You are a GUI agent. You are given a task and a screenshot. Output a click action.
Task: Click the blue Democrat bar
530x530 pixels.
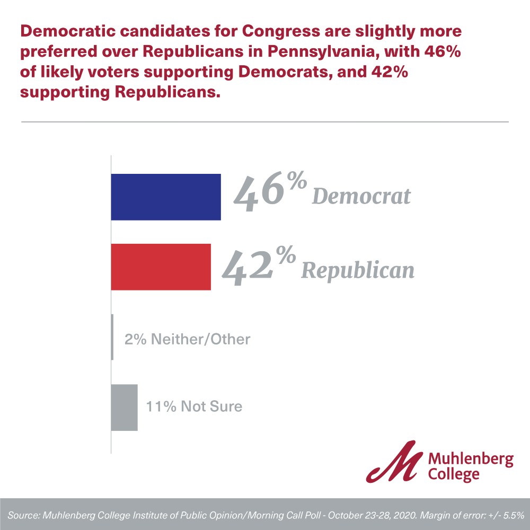[x=165, y=197]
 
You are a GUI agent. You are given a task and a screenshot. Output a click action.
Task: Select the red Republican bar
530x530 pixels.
[x=161, y=267]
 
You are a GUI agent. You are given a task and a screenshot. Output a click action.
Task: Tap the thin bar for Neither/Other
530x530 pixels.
[x=112, y=337]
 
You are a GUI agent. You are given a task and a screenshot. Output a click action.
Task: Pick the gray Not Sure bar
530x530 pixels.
[x=124, y=407]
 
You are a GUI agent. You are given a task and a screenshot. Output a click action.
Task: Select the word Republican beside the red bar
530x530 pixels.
[x=357, y=270]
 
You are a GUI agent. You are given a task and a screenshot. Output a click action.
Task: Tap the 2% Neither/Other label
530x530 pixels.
[x=187, y=339]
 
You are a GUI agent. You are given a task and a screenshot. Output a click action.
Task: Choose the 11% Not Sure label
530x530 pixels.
[x=194, y=407]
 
